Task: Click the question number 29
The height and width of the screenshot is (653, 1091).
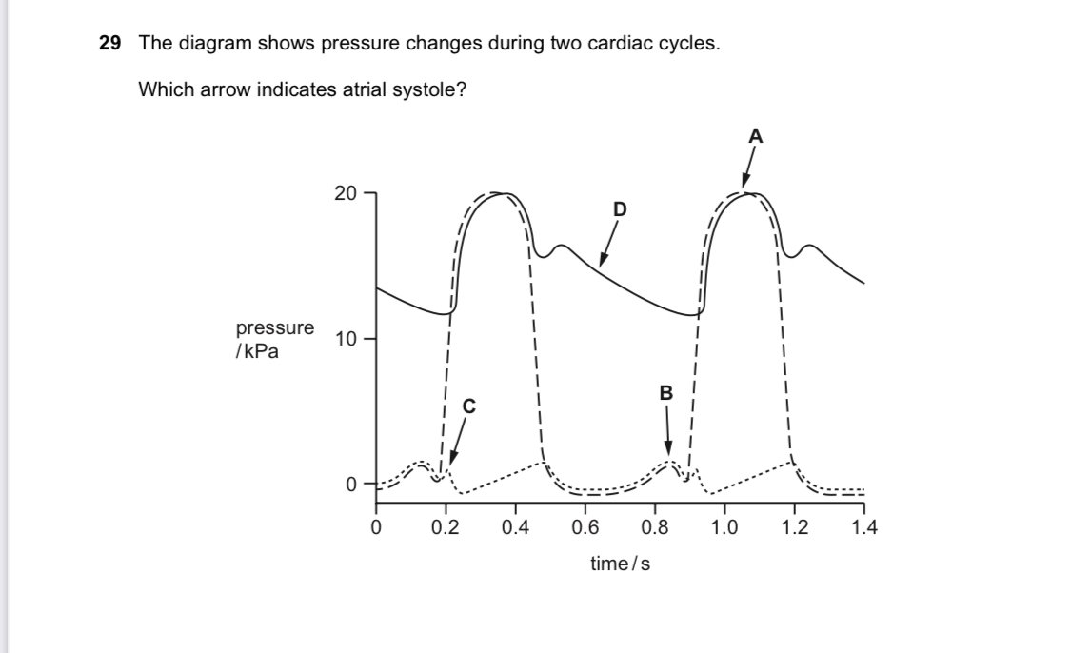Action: tap(110, 44)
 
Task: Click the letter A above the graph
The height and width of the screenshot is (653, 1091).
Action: tap(756, 136)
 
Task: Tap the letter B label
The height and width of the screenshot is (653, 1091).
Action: tap(666, 392)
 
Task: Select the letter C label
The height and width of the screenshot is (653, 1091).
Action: tap(467, 406)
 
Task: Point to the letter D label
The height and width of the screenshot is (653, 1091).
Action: tap(620, 208)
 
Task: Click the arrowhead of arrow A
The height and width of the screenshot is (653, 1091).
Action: tap(744, 187)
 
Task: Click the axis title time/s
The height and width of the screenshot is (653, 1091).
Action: tap(620, 564)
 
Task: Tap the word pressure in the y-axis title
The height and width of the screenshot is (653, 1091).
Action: tap(275, 327)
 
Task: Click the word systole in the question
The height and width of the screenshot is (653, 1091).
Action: tap(434, 90)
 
